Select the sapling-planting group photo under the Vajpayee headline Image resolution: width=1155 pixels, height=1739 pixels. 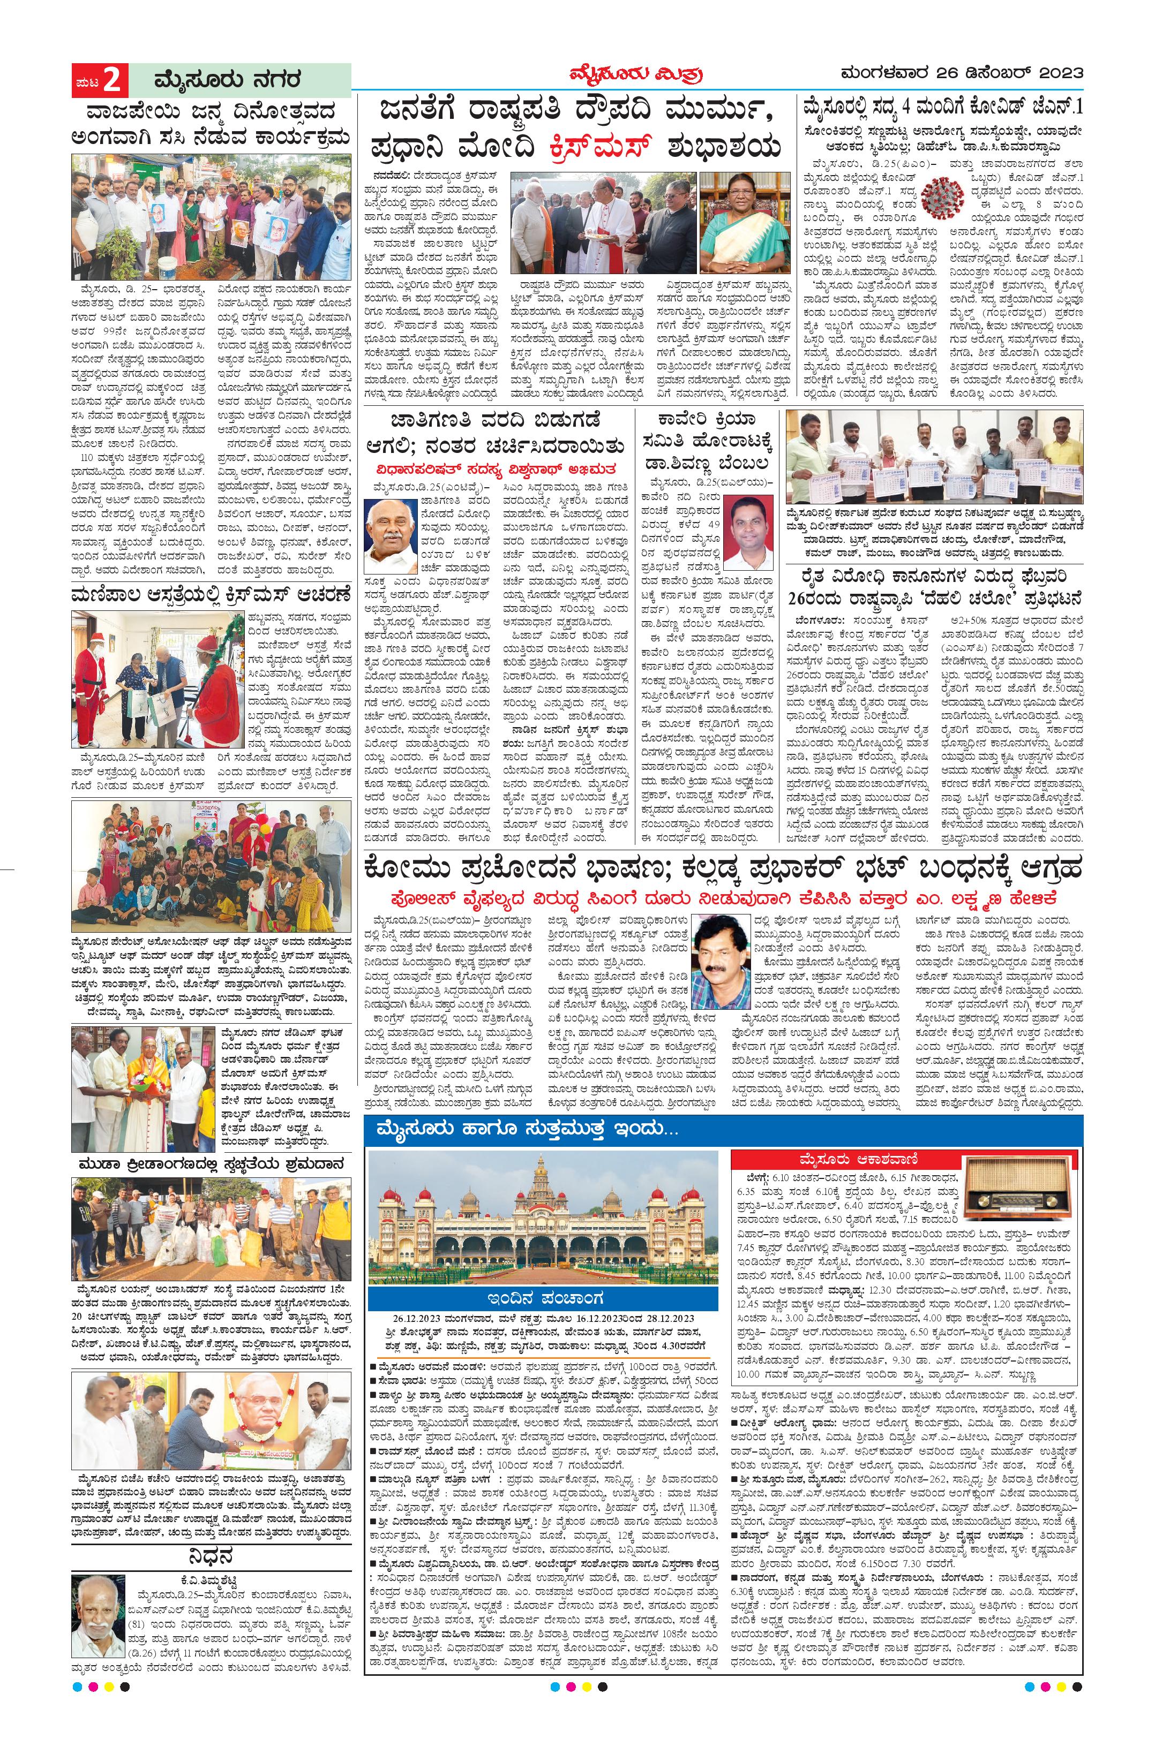[x=212, y=217]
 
